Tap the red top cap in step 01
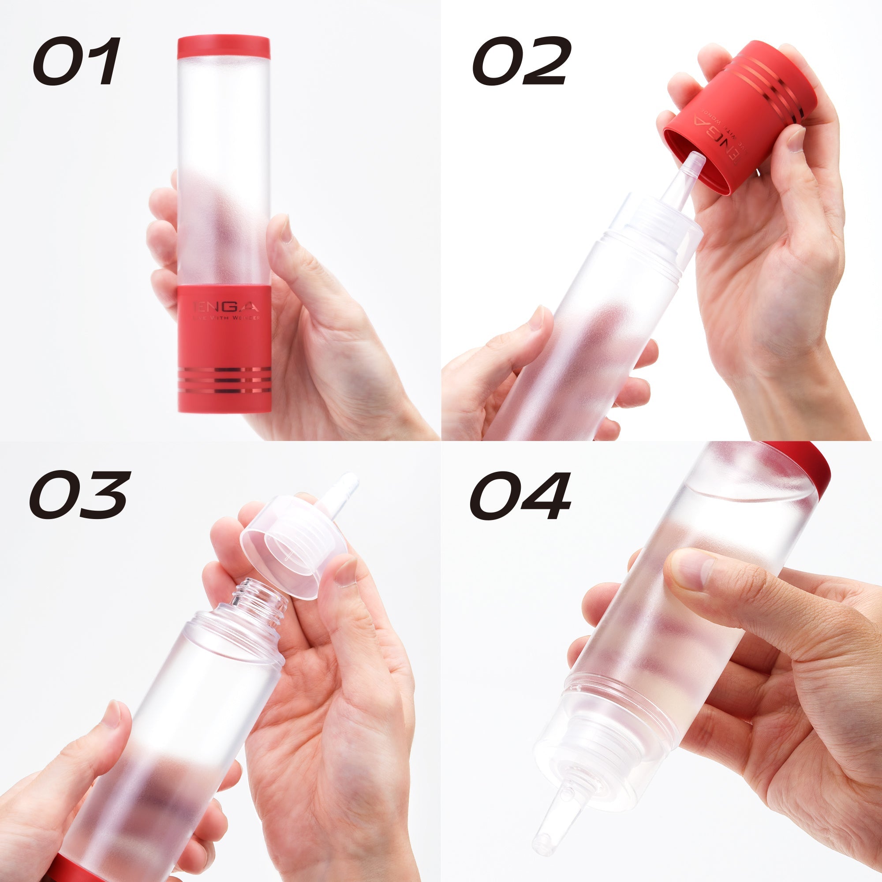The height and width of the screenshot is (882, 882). click(223, 47)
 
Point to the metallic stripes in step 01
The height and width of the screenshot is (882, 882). click(224, 380)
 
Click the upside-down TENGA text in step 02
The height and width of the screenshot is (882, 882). click(717, 132)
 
